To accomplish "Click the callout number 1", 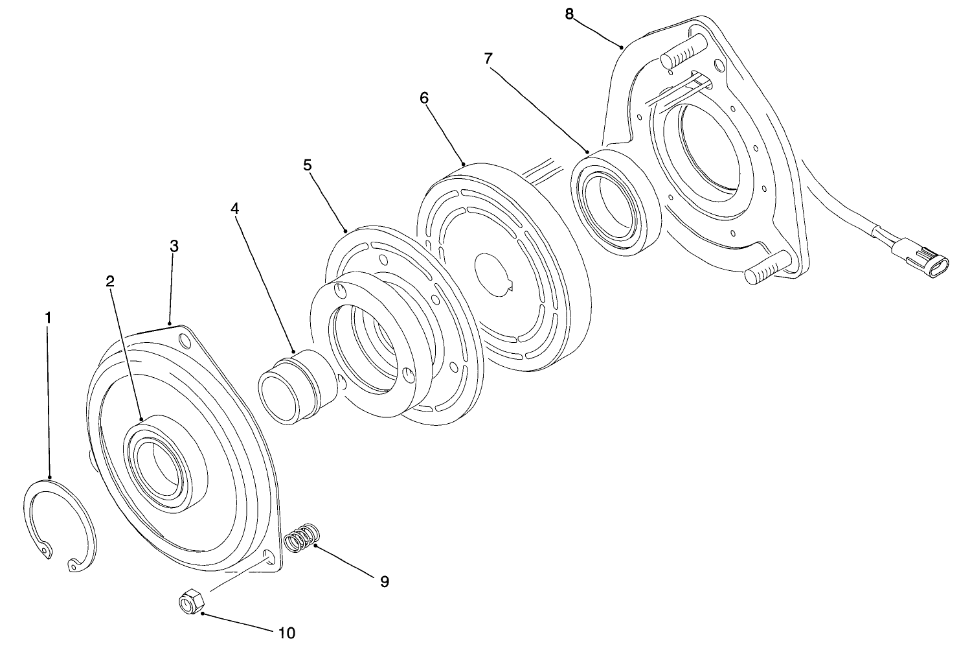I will [x=47, y=319].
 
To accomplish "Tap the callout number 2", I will [x=110, y=281].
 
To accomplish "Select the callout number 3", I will [x=174, y=246].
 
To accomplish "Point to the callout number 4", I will [x=234, y=209].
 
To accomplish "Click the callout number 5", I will [x=308, y=165].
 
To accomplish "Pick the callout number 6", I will [x=424, y=98].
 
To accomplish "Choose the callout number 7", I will [x=488, y=58].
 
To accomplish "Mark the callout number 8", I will [x=569, y=14].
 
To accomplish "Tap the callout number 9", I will [x=385, y=581].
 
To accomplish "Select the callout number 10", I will [x=287, y=632].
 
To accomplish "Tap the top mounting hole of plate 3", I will [x=183, y=340].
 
